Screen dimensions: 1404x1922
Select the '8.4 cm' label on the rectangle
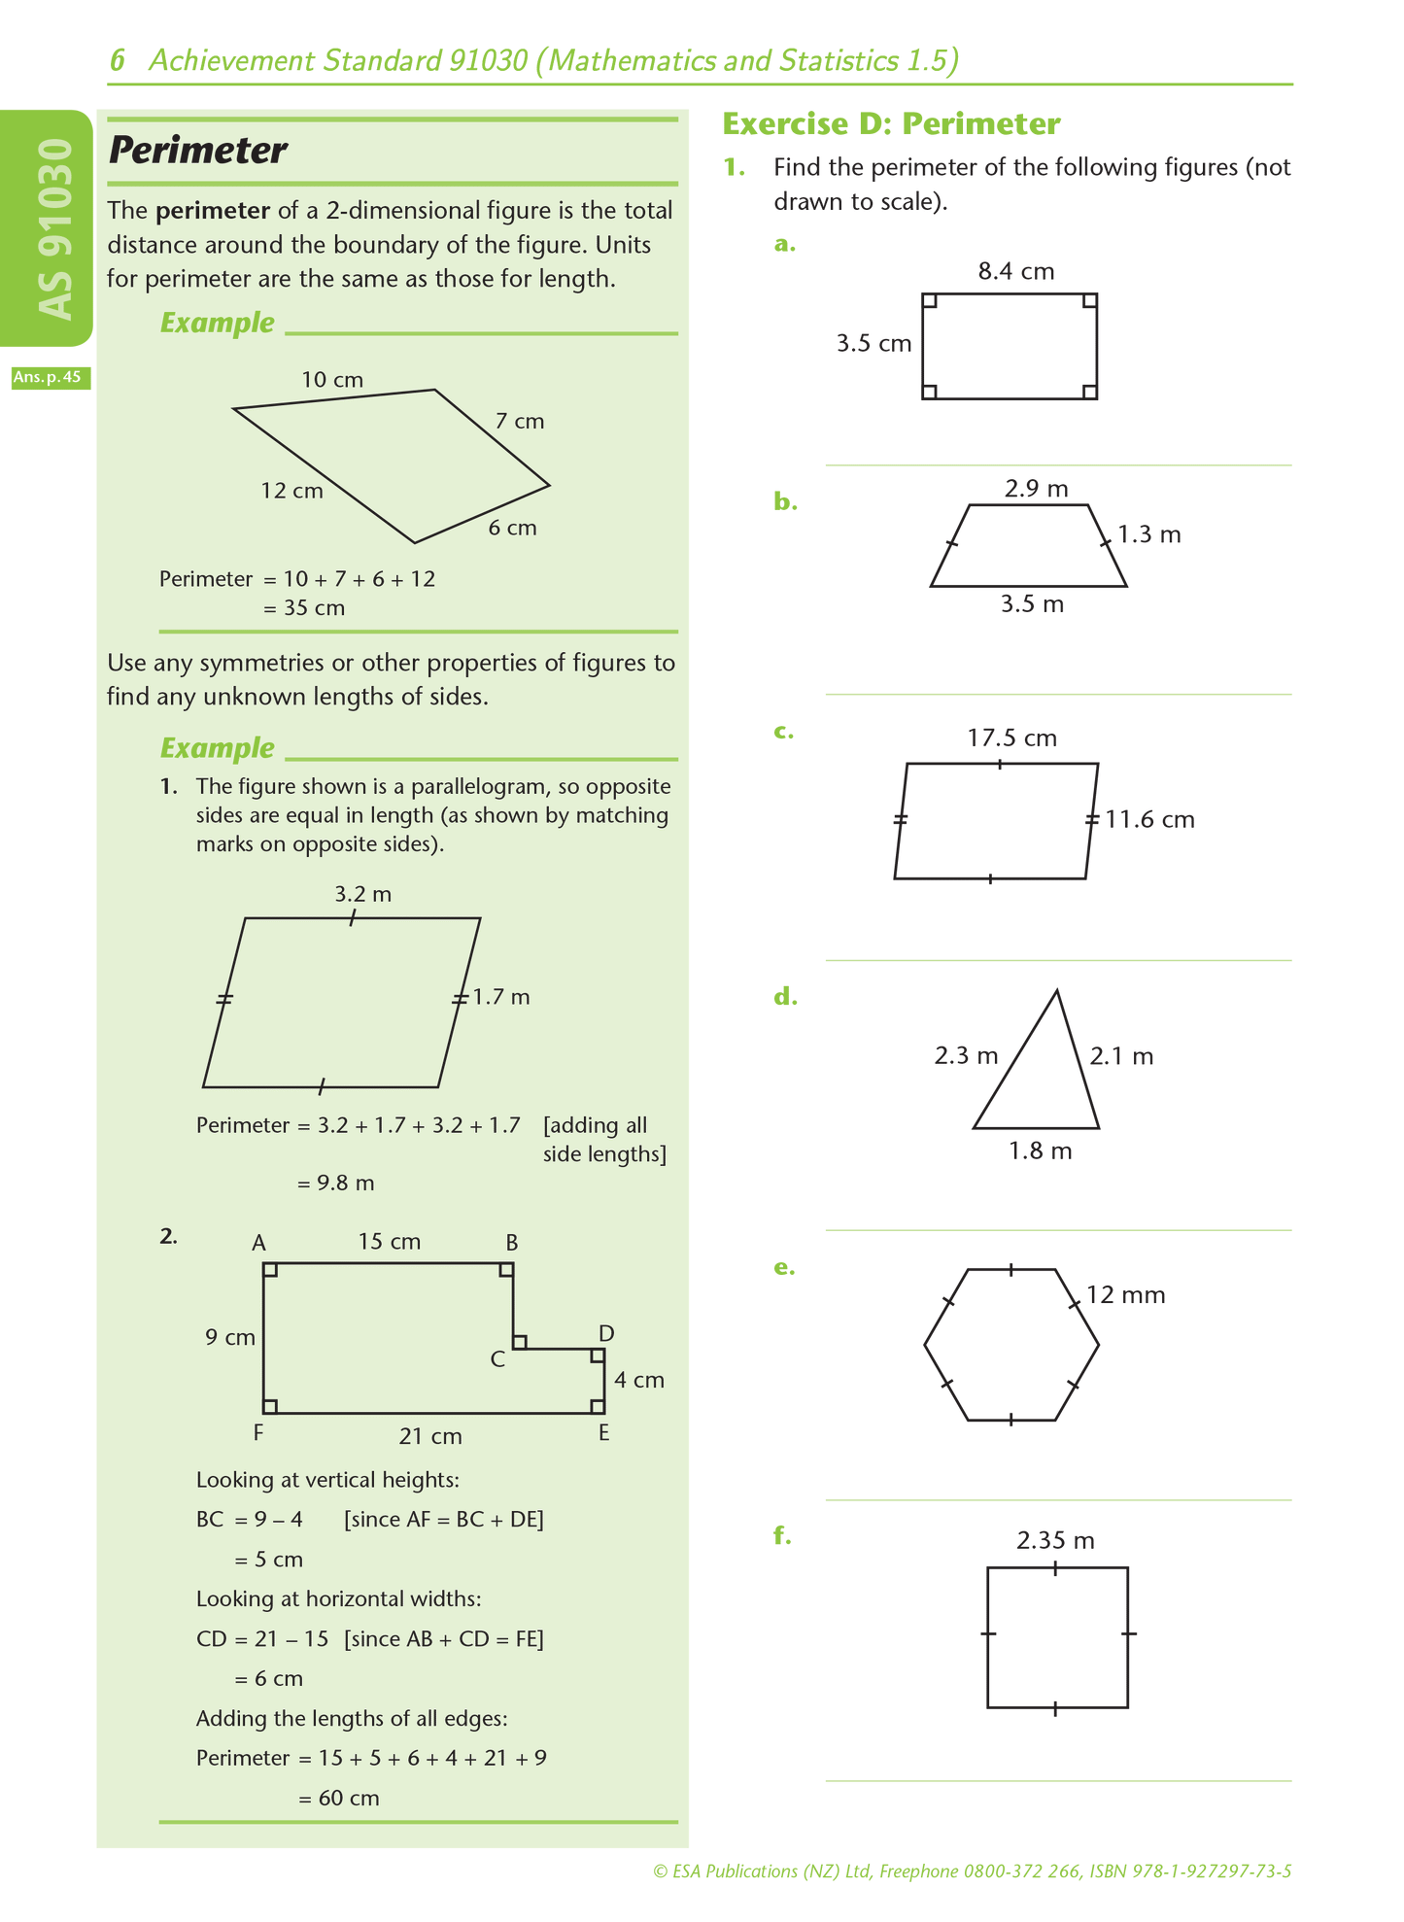[1016, 271]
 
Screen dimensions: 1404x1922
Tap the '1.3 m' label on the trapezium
[1149, 534]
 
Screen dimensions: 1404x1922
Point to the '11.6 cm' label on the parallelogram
[1149, 819]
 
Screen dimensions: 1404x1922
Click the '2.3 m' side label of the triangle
[966, 1055]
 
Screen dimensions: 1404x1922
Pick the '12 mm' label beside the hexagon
[1126, 1294]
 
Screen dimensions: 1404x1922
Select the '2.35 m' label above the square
[1055, 1540]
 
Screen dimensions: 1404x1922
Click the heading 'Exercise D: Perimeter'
[891, 123]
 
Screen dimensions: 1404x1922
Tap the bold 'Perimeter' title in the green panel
[197, 150]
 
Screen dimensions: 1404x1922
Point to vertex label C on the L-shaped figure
[497, 1359]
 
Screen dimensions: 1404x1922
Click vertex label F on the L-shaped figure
[257, 1432]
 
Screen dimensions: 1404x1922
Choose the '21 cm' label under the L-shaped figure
[430, 1436]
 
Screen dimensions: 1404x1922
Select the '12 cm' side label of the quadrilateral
[291, 491]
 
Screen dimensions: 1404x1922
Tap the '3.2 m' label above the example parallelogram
[363, 894]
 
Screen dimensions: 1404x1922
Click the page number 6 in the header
[118, 61]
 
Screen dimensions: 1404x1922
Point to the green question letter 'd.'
[786, 997]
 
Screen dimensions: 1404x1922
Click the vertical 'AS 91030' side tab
[54, 229]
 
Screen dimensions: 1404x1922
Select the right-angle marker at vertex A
[270, 1269]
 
